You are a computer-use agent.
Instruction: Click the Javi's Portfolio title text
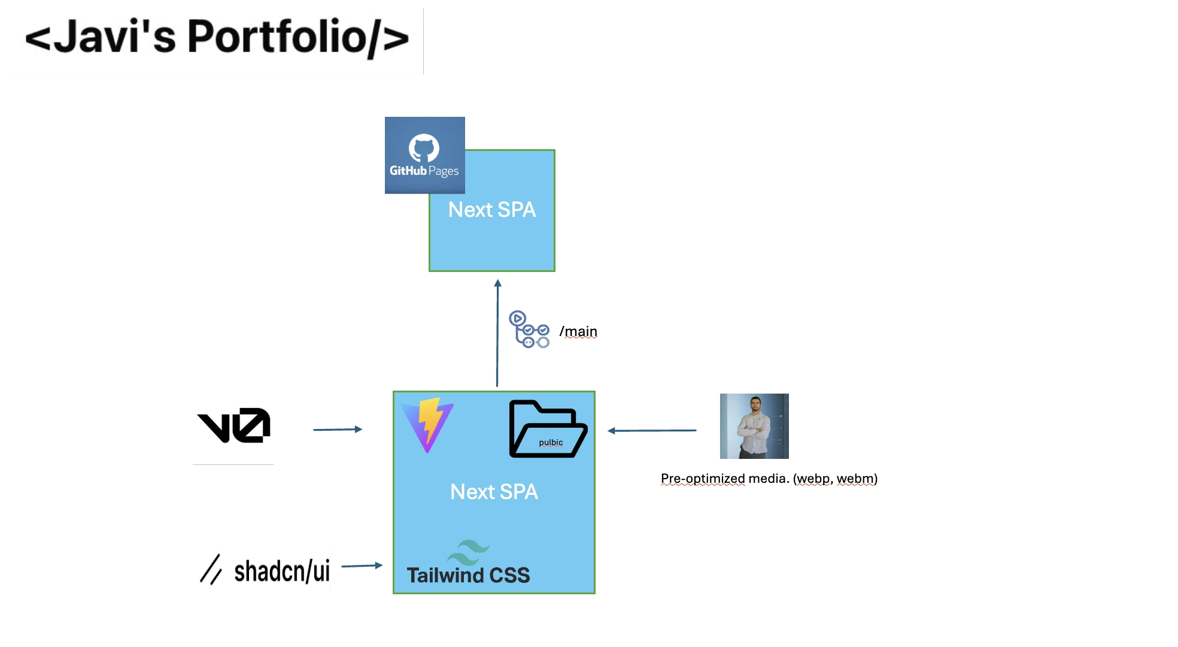[217, 37]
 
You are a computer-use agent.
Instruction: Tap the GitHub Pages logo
[424, 155]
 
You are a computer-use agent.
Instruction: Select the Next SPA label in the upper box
[492, 210]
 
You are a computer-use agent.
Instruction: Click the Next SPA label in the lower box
[494, 492]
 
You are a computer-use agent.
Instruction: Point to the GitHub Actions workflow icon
[529, 329]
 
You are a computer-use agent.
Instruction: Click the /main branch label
[578, 331]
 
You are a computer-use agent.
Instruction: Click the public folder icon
[548, 428]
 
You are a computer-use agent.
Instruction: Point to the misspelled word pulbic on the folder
[551, 443]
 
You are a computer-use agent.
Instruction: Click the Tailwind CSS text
[468, 575]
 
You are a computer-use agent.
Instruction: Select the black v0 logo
[234, 425]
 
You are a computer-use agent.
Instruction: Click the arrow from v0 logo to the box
[338, 430]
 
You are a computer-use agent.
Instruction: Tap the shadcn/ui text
[281, 571]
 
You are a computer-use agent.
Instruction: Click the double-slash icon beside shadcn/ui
[211, 569]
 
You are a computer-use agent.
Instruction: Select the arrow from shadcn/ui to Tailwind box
[362, 566]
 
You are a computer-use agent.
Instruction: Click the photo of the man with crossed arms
[754, 426]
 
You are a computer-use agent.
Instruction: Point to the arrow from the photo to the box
[652, 430]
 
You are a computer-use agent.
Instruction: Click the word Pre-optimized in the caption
[703, 479]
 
